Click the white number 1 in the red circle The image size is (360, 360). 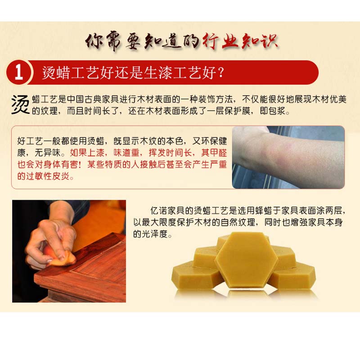[x=19, y=72]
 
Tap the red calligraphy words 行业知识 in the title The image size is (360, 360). [x=240, y=41]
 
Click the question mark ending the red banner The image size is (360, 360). [x=220, y=72]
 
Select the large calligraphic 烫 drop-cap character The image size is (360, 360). [x=20, y=105]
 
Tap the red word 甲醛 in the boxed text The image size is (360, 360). [x=218, y=153]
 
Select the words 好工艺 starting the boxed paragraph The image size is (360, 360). [x=30, y=141]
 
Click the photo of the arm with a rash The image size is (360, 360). [x=288, y=157]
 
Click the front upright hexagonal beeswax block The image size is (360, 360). [x=247, y=260]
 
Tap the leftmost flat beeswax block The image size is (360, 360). [x=195, y=274]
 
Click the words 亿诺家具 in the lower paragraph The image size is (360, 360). [x=167, y=210]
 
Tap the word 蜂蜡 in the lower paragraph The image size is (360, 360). [x=264, y=210]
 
